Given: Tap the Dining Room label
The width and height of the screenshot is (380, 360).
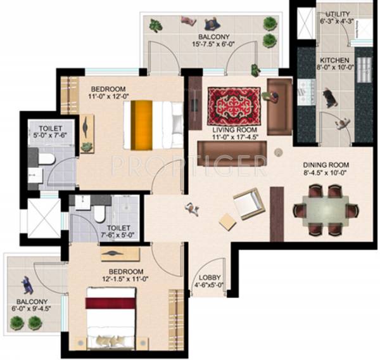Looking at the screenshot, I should tap(326, 165).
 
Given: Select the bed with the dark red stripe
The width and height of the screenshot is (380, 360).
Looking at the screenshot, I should tap(111, 317).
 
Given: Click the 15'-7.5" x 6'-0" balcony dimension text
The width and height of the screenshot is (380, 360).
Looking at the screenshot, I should tap(215, 45).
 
